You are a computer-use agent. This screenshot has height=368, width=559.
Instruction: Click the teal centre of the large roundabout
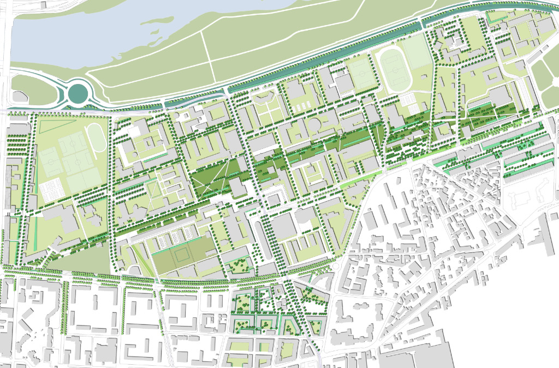pos(78,94)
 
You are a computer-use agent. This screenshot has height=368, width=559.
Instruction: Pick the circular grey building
pos(316,124)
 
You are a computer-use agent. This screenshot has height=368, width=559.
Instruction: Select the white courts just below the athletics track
pos(407,99)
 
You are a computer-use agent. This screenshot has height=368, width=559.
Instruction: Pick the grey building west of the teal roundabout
pos(20,96)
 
